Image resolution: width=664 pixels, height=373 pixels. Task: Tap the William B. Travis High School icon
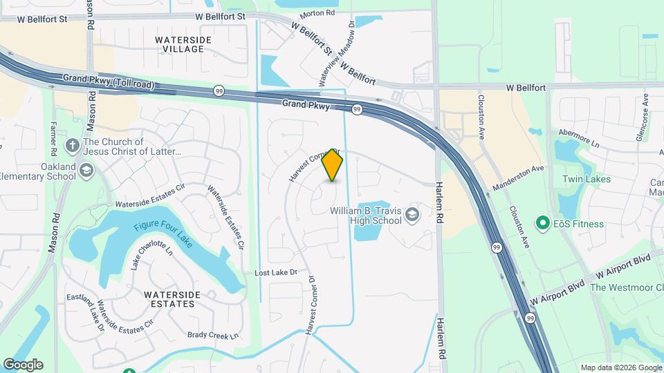tap(413, 214)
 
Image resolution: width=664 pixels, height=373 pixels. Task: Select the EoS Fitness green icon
tap(544, 224)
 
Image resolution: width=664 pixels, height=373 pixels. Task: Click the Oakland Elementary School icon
tap(86, 170)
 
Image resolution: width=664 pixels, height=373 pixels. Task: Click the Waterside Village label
tap(179, 44)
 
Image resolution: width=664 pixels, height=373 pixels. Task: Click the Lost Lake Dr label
tap(275, 273)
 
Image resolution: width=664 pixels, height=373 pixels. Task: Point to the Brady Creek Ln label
tap(213, 335)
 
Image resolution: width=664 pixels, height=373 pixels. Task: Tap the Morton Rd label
tap(317, 13)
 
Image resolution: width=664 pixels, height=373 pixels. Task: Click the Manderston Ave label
tap(518, 178)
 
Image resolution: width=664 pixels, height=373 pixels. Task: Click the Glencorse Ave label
tap(644, 117)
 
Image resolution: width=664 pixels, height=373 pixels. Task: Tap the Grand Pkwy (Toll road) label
tap(108, 82)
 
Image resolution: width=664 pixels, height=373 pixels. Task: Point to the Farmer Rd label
tap(53, 137)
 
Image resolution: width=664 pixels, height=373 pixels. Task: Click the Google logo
tap(23, 364)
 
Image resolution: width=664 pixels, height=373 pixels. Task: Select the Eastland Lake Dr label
tap(86, 310)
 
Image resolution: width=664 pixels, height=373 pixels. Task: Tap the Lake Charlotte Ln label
tap(151, 255)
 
